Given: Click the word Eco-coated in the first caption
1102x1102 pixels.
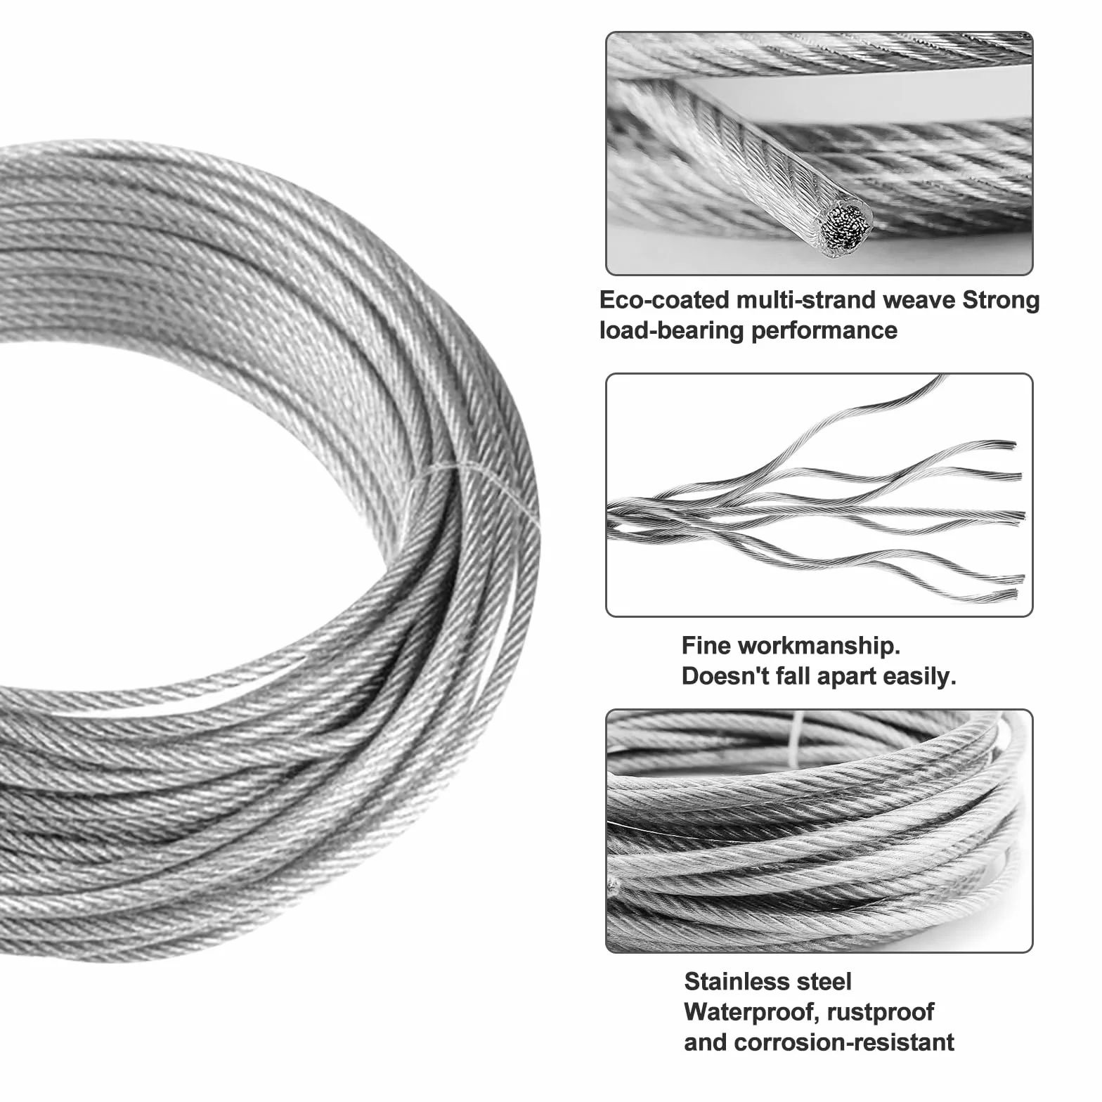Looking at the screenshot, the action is pyautogui.click(x=664, y=300).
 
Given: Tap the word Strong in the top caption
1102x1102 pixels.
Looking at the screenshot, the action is pyautogui.click(x=1000, y=300).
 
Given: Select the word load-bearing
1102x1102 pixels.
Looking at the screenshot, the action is pyautogui.click(x=672, y=330).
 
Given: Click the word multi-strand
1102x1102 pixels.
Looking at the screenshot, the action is pyautogui.click(x=805, y=300).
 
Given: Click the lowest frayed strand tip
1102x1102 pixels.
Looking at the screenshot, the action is pyautogui.click(x=1012, y=596).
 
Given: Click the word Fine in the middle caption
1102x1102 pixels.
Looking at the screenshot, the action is pyautogui.click(x=706, y=645).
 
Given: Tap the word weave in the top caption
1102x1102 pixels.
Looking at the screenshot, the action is pyautogui.click(x=918, y=300).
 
